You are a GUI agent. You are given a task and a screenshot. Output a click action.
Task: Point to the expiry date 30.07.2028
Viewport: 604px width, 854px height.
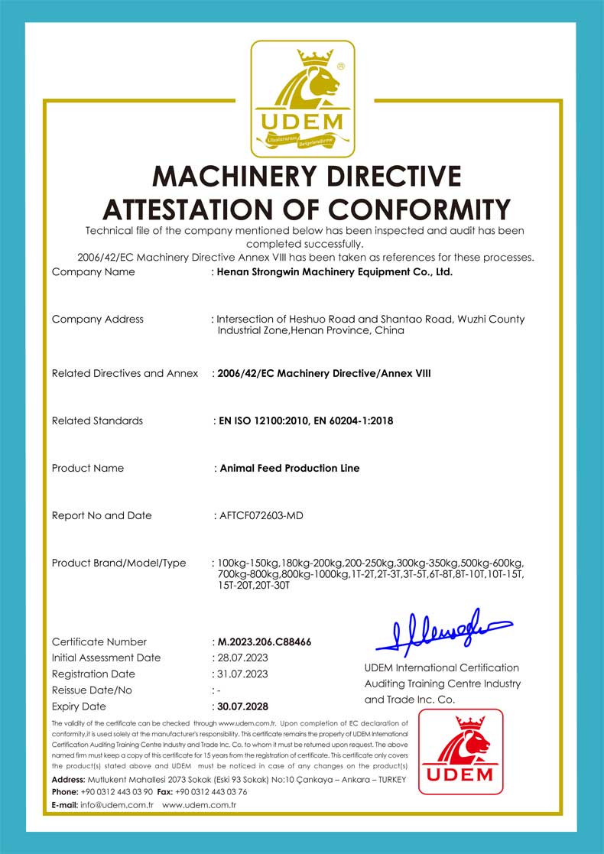[x=243, y=706]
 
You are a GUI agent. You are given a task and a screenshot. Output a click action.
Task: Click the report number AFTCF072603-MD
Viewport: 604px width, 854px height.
[x=261, y=515]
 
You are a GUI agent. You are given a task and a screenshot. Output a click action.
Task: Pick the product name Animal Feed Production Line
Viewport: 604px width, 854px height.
[x=289, y=468]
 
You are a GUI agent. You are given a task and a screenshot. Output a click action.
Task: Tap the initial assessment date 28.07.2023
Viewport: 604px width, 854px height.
[x=242, y=658]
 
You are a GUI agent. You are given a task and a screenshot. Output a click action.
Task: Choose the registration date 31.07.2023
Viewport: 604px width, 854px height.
[x=242, y=674]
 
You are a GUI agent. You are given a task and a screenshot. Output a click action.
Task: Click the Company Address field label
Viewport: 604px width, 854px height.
[x=97, y=319]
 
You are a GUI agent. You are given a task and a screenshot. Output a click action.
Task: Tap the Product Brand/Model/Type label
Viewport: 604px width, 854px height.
[x=119, y=563]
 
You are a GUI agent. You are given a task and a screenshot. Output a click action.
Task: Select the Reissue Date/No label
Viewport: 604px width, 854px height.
[x=92, y=690]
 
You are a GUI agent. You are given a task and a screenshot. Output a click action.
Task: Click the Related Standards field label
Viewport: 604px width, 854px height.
[x=97, y=421]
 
